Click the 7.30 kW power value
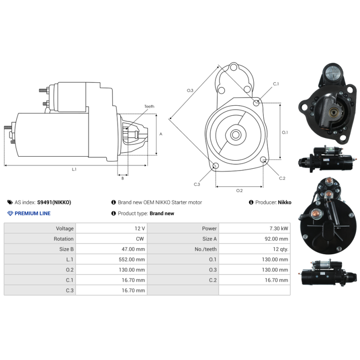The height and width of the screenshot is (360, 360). pyautogui.click(x=279, y=229)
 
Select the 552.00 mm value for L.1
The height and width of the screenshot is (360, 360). pyautogui.click(x=132, y=260)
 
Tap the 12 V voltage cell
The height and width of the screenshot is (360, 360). pyautogui.click(x=139, y=229)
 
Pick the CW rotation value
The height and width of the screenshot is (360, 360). pyautogui.click(x=140, y=239)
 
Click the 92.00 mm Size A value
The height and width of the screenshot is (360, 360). pyautogui.click(x=276, y=239)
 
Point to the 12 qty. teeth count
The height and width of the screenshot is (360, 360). pyautogui.click(x=280, y=249)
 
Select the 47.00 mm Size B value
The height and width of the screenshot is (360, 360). pyautogui.click(x=133, y=249)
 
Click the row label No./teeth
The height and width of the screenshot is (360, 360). pyautogui.click(x=206, y=249)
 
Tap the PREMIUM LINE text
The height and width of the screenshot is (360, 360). pyautogui.click(x=32, y=213)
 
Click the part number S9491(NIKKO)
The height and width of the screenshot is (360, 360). pyautogui.click(x=54, y=202)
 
